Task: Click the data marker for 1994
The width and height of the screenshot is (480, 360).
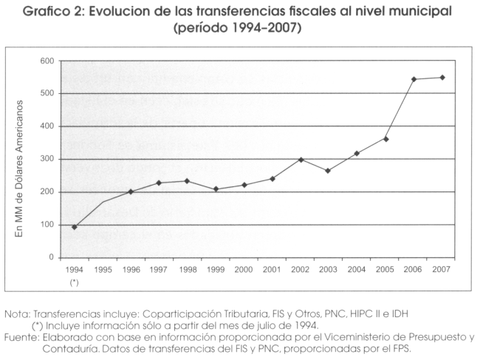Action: point(74,227)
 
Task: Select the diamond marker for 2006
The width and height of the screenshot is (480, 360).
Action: point(414,79)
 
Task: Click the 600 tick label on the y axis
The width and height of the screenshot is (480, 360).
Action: point(47,61)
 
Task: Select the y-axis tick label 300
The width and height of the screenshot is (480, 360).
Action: point(47,159)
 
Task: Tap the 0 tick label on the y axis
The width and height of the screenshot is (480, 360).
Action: point(52,257)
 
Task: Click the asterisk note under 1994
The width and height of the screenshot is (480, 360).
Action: point(74,282)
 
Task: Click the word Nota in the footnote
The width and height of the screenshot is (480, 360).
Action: point(16,314)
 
